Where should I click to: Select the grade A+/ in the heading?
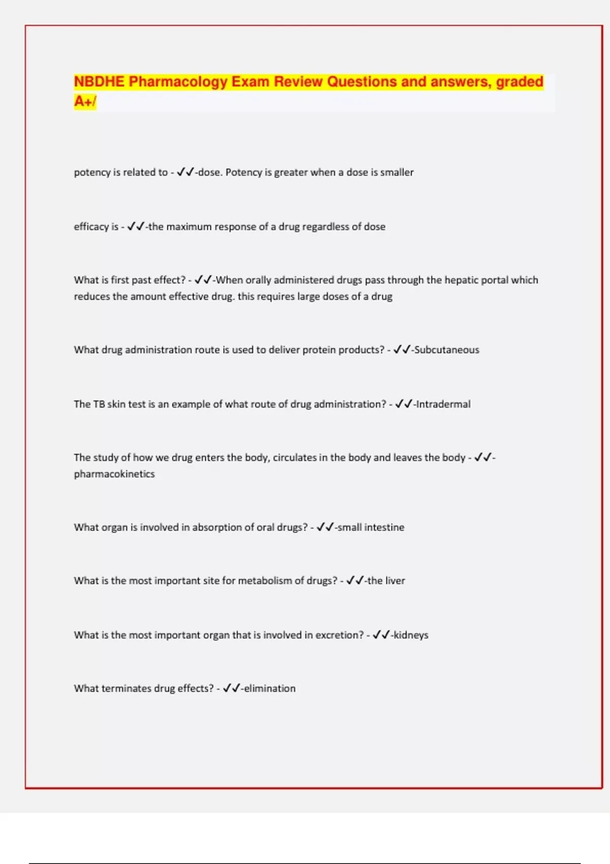click(85, 102)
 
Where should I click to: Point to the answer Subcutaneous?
click(446, 350)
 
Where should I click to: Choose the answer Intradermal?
click(443, 404)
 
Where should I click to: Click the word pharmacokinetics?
click(114, 474)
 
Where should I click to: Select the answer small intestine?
click(371, 527)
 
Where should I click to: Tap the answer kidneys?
click(411, 635)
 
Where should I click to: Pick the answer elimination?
click(269, 688)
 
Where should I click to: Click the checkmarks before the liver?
click(355, 580)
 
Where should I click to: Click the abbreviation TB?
click(99, 404)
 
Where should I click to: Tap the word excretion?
click(339, 635)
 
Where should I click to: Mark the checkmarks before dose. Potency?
click(185, 172)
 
